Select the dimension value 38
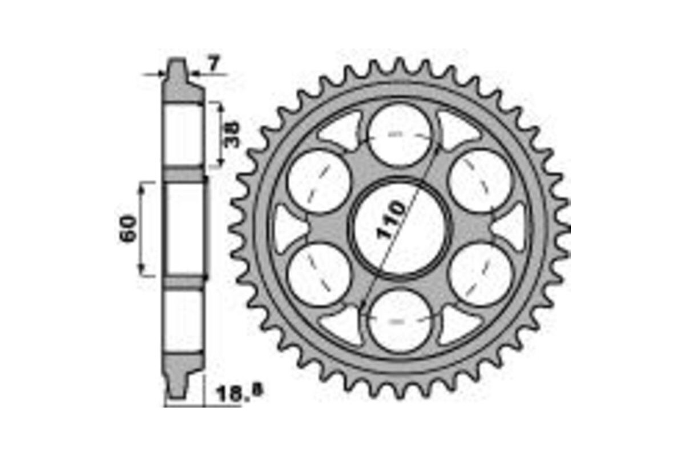tap(233, 135)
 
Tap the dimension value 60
tap(128, 229)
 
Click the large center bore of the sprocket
tap(399, 228)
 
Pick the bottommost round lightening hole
tap(399, 320)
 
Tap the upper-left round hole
tap(319, 182)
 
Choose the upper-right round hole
tap(479, 182)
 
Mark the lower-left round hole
tap(319, 274)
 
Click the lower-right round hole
tap(479, 274)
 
